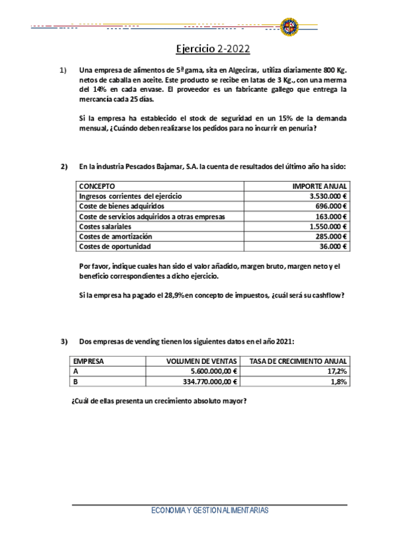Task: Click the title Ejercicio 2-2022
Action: click(213, 49)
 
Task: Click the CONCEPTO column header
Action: click(96, 187)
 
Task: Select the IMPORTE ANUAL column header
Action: click(320, 187)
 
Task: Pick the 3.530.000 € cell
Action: click(328, 197)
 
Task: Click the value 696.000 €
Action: click(331, 207)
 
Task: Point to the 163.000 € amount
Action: click(331, 216)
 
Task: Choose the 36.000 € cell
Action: click(333, 247)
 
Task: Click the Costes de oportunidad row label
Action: click(114, 247)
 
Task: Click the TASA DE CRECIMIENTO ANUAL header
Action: click(297, 361)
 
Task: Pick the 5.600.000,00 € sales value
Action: click(209, 371)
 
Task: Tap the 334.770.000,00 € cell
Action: click(205, 381)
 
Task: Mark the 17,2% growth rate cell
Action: click(337, 371)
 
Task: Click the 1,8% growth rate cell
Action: click(339, 381)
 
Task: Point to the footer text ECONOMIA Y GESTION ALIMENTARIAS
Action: click(209, 510)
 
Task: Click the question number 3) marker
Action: click(64, 341)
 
